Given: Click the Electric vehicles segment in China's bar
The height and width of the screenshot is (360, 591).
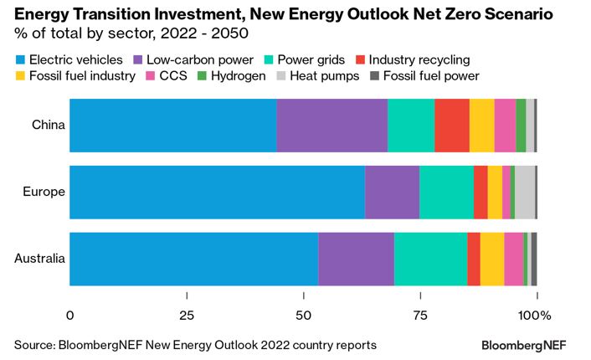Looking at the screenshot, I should [x=172, y=126].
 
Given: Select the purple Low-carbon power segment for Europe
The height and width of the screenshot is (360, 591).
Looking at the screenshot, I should [x=392, y=192].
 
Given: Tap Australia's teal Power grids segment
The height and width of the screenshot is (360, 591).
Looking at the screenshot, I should [x=430, y=259].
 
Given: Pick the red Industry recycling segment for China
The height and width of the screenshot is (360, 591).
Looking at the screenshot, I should [x=452, y=126].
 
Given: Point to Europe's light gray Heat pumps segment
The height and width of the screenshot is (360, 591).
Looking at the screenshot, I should [x=524, y=192].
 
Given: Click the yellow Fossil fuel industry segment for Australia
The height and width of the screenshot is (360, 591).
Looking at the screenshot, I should [x=492, y=259].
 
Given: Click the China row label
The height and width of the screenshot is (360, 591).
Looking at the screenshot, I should [x=48, y=126].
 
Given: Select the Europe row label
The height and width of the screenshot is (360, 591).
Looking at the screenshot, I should [x=44, y=192].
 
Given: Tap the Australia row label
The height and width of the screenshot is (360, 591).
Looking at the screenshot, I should [x=39, y=259].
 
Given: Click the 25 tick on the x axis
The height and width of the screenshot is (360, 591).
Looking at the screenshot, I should [x=186, y=316].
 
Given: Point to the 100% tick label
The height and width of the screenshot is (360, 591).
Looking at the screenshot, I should [x=535, y=316].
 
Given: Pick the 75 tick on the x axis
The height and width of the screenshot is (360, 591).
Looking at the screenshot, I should [x=419, y=316].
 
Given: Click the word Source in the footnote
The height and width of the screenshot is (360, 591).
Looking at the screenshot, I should [x=33, y=345].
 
